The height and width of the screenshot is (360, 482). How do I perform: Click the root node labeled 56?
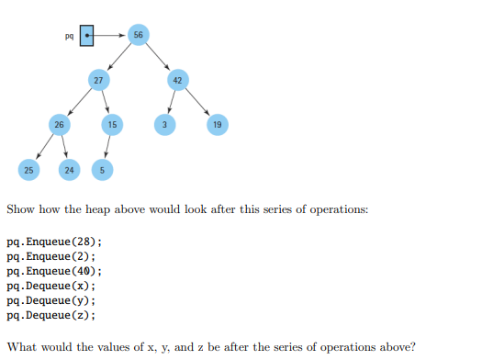(138, 35)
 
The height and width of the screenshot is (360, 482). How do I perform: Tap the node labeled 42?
(178, 80)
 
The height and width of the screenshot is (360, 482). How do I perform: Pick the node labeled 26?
(59, 124)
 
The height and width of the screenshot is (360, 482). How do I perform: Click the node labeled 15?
(111, 124)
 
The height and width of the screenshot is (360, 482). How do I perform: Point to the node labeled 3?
(164, 124)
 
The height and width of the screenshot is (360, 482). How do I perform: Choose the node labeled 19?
(217, 124)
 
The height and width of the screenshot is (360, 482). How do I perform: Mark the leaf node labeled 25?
(29, 169)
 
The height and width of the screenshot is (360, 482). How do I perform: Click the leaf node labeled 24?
(69, 169)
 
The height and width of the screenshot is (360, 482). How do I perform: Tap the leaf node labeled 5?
(103, 169)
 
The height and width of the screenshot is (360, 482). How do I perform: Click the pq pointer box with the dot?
(86, 36)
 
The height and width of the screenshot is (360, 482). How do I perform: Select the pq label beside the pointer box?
(69, 37)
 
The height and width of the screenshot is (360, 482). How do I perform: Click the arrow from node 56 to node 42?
(158, 57)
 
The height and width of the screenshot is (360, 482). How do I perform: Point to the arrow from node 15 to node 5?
(107, 147)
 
